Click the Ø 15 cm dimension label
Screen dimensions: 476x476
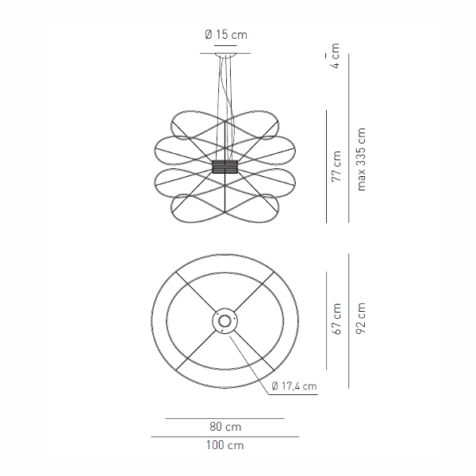[226, 35]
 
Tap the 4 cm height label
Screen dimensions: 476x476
[335, 56]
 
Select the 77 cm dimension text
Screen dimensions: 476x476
[336, 166]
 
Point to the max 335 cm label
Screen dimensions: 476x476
[361, 159]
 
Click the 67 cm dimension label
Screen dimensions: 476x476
[336, 319]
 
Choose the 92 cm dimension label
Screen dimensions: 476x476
[361, 318]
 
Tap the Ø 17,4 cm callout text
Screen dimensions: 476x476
[294, 386]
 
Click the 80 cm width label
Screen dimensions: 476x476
[225, 427]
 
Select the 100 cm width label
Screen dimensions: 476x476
[225, 445]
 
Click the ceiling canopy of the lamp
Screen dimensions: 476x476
[225, 55]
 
